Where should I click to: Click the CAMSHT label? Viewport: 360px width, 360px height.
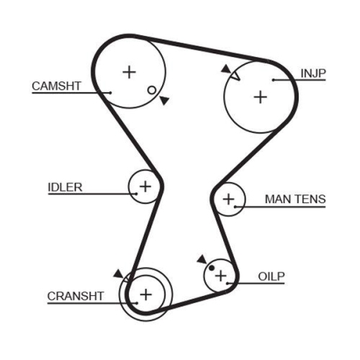pyautogui.click(x=57, y=86)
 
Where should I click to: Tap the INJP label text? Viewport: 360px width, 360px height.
pyautogui.click(x=313, y=73)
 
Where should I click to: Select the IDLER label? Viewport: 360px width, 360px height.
pyautogui.click(x=65, y=187)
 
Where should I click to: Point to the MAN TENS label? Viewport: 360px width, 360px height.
pyautogui.click(x=295, y=199)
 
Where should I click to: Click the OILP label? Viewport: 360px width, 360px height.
pyautogui.click(x=271, y=276)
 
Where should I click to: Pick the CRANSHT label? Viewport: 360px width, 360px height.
pyautogui.click(x=76, y=296)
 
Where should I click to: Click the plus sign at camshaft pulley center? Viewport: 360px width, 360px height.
pyautogui.click(x=130, y=72)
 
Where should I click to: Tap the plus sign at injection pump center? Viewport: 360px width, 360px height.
pyautogui.click(x=261, y=97)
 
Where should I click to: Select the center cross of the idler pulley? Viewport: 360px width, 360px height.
pyautogui.click(x=145, y=186)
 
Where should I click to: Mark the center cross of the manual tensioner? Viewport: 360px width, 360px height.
pyautogui.click(x=229, y=199)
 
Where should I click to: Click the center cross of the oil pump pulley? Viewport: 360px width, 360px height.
pyautogui.click(x=221, y=276)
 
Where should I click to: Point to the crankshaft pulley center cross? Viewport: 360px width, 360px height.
pyautogui.click(x=146, y=294)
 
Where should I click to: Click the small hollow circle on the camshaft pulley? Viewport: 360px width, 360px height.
pyautogui.click(x=152, y=90)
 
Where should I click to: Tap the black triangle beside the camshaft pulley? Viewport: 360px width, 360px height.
pyautogui.click(x=165, y=100)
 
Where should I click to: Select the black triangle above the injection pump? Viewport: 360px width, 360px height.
pyautogui.click(x=225, y=69)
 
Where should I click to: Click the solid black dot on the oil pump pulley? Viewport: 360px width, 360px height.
pyautogui.click(x=212, y=268)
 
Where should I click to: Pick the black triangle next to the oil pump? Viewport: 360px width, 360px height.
pyautogui.click(x=202, y=259)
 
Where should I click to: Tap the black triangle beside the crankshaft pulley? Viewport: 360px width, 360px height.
pyautogui.click(x=119, y=274)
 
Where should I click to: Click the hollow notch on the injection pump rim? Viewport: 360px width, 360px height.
pyautogui.click(x=235, y=76)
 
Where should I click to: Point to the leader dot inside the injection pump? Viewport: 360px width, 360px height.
pyautogui.click(x=274, y=80)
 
